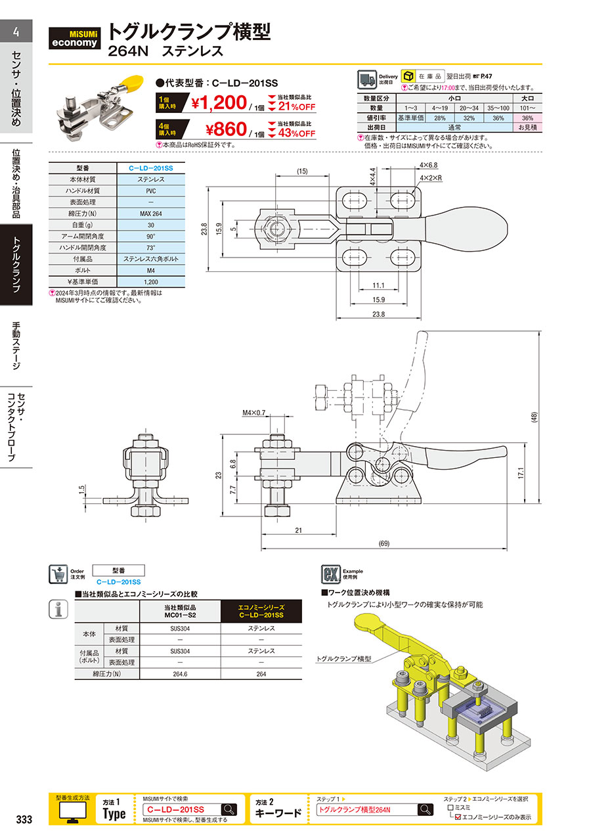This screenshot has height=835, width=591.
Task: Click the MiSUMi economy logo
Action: [74, 38]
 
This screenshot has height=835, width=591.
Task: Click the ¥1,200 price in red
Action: [219, 103]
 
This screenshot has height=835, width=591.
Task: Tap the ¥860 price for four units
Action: [226, 129]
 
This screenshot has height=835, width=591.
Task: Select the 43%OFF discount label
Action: [297, 133]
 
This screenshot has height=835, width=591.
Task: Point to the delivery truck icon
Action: [367, 79]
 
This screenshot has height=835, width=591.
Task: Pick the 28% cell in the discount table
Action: [440, 118]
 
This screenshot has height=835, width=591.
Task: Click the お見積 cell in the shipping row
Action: [528, 127]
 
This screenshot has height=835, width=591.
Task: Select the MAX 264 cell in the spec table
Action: [151, 214]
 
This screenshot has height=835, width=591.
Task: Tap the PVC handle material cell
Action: [151, 191]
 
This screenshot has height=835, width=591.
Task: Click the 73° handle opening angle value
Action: [151, 248]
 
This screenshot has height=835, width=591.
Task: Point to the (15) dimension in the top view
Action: [302, 171]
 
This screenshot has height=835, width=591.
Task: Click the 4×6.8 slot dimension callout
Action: [429, 165]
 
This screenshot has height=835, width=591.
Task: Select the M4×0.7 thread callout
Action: [253, 413]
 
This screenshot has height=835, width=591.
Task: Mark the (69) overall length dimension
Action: [383, 543]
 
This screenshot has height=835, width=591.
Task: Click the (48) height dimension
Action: [535, 417]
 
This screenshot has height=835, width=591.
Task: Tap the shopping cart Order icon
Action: [58, 574]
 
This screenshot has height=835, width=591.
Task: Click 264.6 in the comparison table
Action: [180, 674]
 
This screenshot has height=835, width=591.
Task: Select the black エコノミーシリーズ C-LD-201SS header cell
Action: [261, 611]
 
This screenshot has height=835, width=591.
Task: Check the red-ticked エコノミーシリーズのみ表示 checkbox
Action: [458, 817]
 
